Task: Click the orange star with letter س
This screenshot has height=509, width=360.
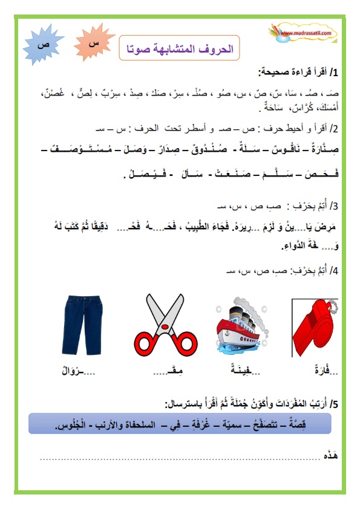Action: (x=94, y=44)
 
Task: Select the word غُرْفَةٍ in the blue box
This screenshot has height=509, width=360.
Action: (x=207, y=426)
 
